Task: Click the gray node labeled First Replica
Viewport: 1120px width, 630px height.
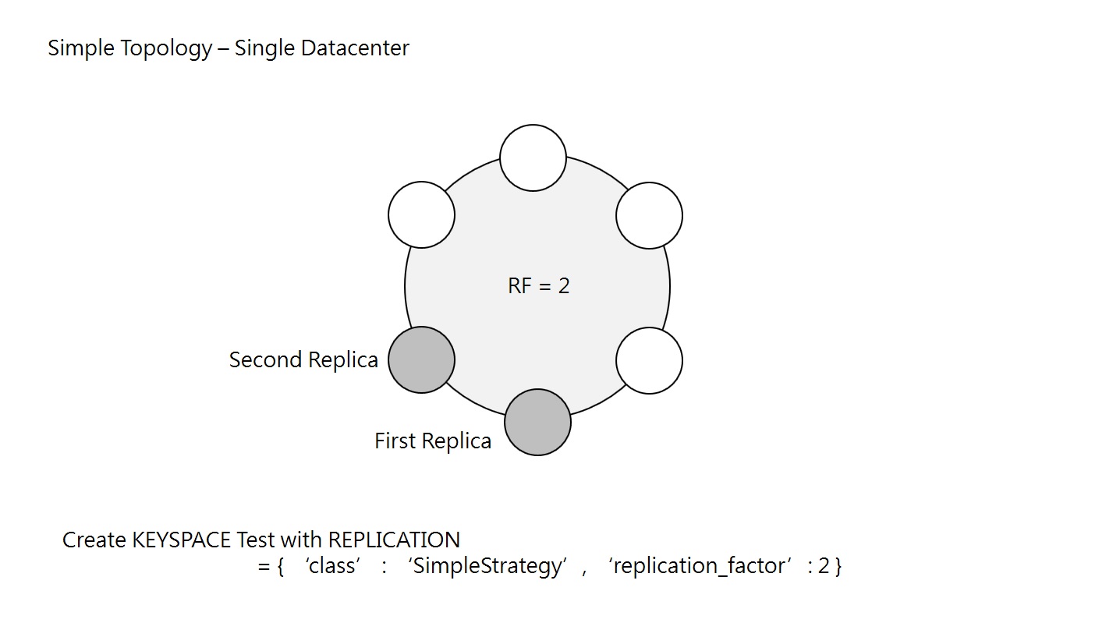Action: point(537,422)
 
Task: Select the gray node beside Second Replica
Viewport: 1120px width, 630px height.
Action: point(421,359)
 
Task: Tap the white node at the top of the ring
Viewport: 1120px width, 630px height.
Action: point(533,157)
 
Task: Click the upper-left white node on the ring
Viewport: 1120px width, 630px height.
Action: point(421,214)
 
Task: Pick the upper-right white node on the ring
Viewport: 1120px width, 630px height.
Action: point(649,215)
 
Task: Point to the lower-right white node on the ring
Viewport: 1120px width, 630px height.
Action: point(649,360)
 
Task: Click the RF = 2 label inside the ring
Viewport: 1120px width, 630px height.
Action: point(538,286)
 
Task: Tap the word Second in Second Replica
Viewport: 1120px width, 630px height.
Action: point(264,360)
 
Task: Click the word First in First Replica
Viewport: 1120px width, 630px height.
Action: point(395,441)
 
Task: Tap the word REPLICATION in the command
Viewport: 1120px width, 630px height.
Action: point(394,540)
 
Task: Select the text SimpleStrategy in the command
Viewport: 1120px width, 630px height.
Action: point(488,566)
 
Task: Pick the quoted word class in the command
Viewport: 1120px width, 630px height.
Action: point(332,566)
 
